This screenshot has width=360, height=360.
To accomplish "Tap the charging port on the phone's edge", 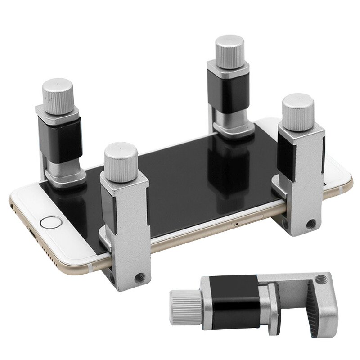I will pos(32,234).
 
